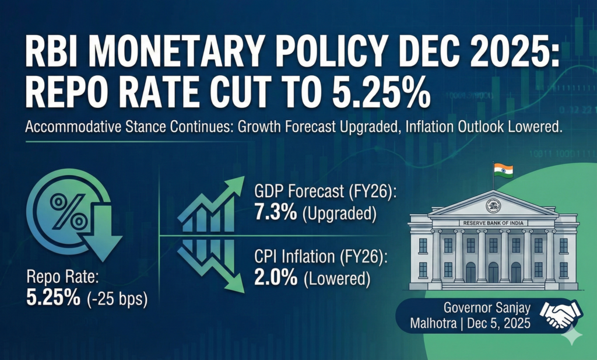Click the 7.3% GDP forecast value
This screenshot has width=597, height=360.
coord(275,213)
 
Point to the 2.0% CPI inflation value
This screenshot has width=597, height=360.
coord(275,278)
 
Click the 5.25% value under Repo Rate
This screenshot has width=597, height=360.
coord(53,298)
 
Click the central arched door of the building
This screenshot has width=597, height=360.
coord(493,272)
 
